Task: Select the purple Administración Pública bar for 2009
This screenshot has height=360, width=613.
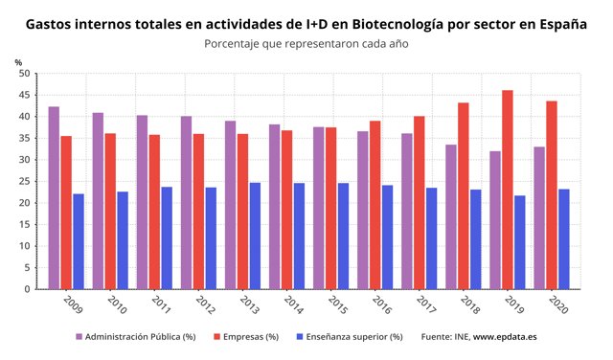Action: (54, 197)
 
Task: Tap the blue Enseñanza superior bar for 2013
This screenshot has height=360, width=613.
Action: (255, 236)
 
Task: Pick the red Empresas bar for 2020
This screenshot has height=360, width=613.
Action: (552, 195)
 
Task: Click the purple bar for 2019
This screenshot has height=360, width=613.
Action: (495, 220)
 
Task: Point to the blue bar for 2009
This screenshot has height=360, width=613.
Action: (79, 241)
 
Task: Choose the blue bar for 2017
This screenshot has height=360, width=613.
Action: (432, 238)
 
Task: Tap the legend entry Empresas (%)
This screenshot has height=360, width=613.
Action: (245, 337)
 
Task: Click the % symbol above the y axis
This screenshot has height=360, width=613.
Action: (18, 62)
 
